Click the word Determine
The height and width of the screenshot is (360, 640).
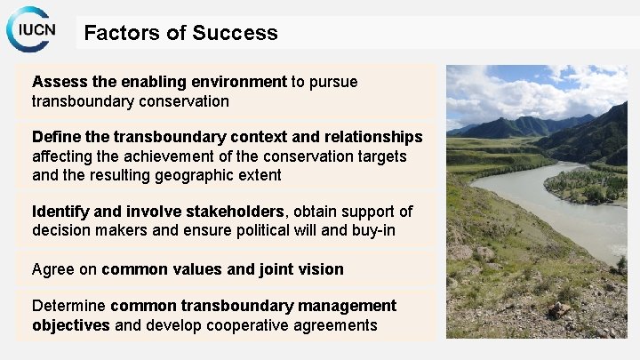point(69,306)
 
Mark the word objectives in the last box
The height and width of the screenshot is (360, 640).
point(71,325)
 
